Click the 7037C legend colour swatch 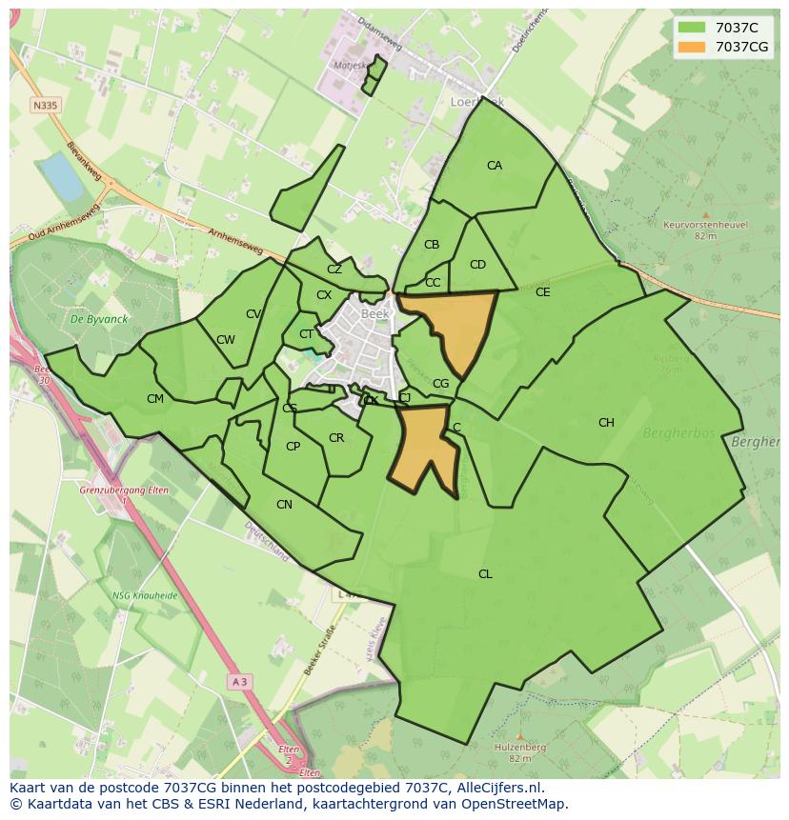click(x=692, y=28)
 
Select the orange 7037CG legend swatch click(x=692, y=47)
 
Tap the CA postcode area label click(x=494, y=166)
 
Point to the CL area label click(x=485, y=574)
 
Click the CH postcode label click(x=606, y=423)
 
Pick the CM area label click(x=155, y=399)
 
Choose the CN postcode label click(x=284, y=505)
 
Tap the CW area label click(x=226, y=340)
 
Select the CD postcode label click(x=477, y=265)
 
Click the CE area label click(x=542, y=292)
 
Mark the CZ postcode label click(x=334, y=270)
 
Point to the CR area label click(x=336, y=438)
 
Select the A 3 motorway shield click(x=239, y=682)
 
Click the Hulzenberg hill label click(x=519, y=749)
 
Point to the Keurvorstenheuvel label click(x=705, y=225)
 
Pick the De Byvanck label click(x=91, y=319)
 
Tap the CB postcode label click(x=432, y=245)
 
